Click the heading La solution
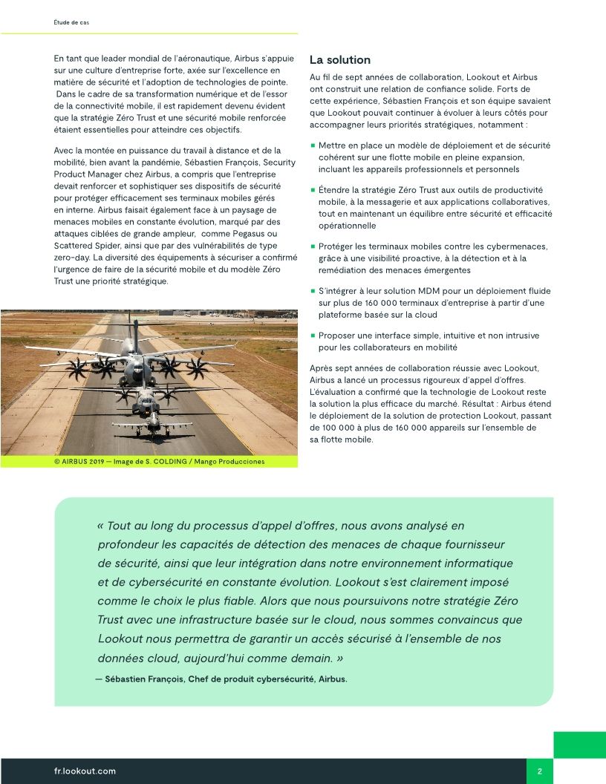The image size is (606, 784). click(339, 60)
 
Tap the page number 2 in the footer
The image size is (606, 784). click(540, 771)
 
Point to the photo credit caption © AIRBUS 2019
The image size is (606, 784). click(159, 461)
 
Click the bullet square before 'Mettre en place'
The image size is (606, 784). click(313, 146)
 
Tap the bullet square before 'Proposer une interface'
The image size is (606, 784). click(313, 336)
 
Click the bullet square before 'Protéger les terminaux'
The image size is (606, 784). click(313, 246)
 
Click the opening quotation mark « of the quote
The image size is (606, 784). click(100, 526)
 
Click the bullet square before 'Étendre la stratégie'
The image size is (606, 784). click(313, 190)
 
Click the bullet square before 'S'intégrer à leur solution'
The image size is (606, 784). click(313, 292)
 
